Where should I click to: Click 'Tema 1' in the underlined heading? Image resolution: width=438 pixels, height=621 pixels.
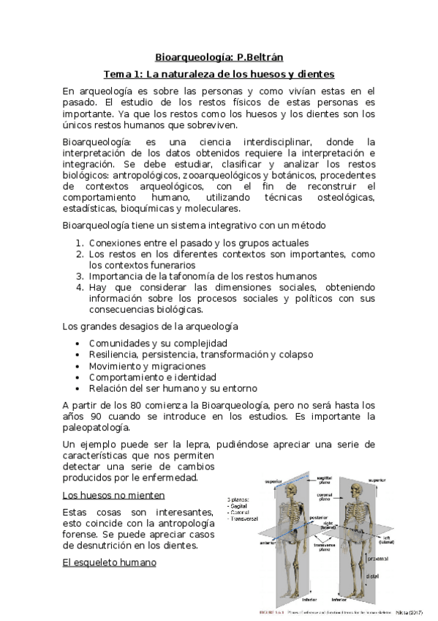[122, 74]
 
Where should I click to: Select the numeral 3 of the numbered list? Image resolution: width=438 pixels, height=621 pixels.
[80, 276]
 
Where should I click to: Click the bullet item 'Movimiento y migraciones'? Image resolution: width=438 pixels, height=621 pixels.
[147, 365]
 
